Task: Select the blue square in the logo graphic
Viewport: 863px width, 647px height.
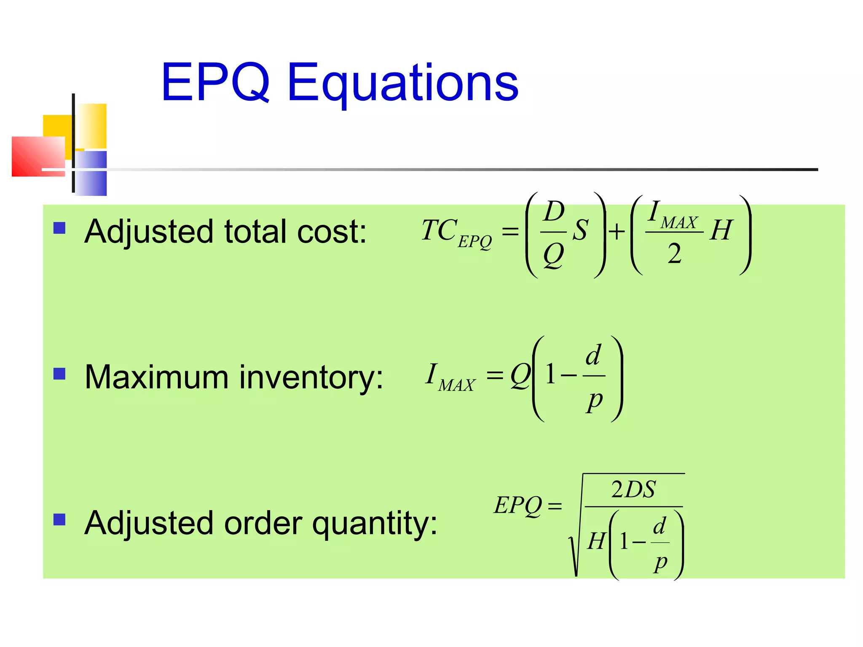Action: pyautogui.click(x=91, y=173)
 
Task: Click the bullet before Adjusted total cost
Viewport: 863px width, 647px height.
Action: pyautogui.click(x=59, y=228)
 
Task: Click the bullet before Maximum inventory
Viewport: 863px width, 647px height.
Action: pyautogui.click(x=59, y=374)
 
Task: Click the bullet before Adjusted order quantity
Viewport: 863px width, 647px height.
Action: pyautogui.click(x=59, y=519)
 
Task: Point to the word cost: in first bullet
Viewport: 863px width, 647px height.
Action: pyautogui.click(x=332, y=232)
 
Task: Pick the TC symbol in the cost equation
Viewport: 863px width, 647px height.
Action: pyautogui.click(x=439, y=230)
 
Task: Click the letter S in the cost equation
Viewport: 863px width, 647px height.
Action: pyautogui.click(x=580, y=231)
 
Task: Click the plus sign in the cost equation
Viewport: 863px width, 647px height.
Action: pyautogui.click(x=617, y=231)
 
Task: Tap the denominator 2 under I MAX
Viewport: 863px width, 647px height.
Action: pyautogui.click(x=674, y=254)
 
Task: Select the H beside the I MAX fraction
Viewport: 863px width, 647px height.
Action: pyautogui.click(x=721, y=231)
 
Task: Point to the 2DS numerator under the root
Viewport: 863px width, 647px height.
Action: pyautogui.click(x=633, y=489)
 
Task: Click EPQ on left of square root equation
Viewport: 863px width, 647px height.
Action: pyautogui.click(x=517, y=505)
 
